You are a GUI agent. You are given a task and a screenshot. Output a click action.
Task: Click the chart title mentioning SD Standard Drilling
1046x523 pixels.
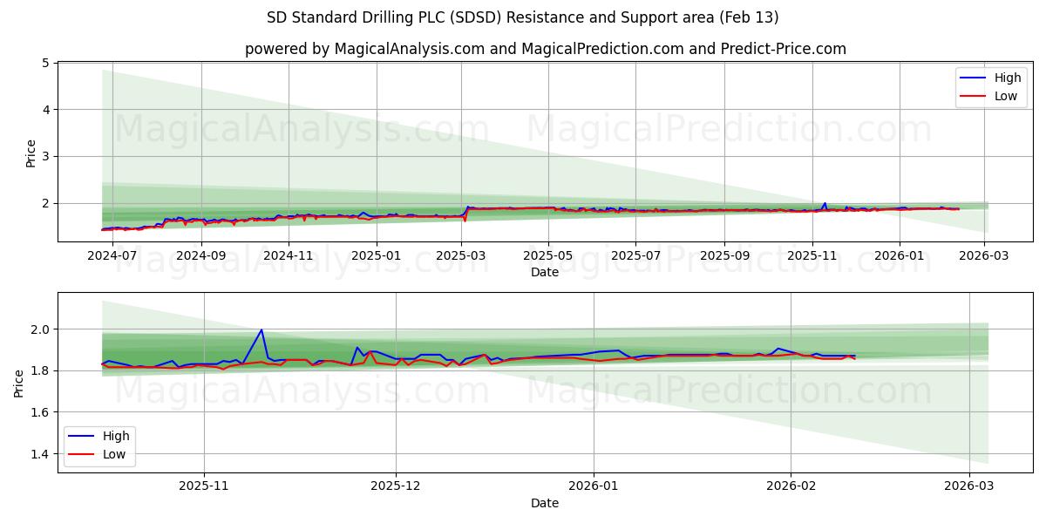pos(523,17)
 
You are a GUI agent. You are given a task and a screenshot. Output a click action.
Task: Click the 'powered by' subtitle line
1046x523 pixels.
pos(545,49)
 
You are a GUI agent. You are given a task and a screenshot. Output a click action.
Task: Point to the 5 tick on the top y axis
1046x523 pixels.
pos(44,63)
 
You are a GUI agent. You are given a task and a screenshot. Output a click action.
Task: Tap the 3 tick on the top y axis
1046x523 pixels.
pos(44,156)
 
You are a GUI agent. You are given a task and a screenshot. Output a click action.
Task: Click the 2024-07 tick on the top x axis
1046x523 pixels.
pos(114,256)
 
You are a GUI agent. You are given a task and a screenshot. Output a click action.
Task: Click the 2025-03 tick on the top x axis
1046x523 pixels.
pos(461,256)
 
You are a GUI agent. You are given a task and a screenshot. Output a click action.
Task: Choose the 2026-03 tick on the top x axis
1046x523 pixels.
pos(984,256)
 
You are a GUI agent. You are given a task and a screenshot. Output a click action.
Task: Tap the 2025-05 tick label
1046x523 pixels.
pos(548,256)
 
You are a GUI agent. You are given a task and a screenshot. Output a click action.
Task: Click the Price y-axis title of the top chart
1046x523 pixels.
pos(31,153)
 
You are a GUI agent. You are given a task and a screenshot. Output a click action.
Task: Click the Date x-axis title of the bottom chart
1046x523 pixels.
pos(545,503)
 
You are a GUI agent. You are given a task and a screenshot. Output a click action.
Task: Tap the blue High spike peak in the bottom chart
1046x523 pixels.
pos(261,329)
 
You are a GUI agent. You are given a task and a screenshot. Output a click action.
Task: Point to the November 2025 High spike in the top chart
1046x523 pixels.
pos(825,203)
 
